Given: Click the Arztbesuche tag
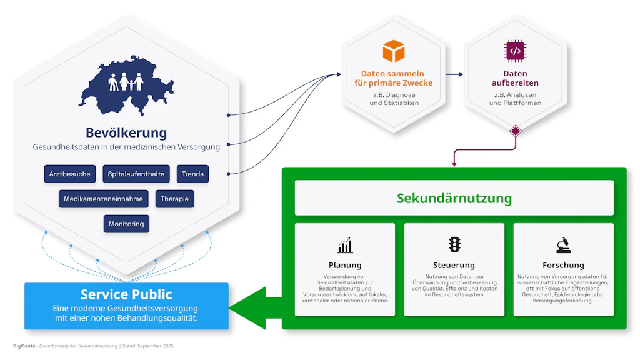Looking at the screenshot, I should (69, 174).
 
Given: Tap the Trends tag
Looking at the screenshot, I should (192, 174).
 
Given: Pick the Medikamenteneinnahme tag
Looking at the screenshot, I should (104, 199).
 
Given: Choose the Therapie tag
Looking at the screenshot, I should (174, 199).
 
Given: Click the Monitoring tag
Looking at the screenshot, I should (126, 224).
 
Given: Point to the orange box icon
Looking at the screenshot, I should (394, 51).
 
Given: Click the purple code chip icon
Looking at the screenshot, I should (515, 51).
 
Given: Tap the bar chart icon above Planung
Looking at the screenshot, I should (345, 244).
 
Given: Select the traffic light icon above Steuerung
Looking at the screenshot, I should (454, 244).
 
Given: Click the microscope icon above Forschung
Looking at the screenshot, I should (563, 244).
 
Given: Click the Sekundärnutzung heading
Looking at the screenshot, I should (454, 199).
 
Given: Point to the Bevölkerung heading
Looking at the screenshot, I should (126, 132).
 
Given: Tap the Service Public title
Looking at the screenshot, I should (126, 294).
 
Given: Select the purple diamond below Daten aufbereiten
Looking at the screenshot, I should (515, 131).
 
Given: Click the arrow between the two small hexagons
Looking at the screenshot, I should (454, 74).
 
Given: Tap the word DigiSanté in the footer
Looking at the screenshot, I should (24, 346).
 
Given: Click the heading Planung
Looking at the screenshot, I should (345, 265).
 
